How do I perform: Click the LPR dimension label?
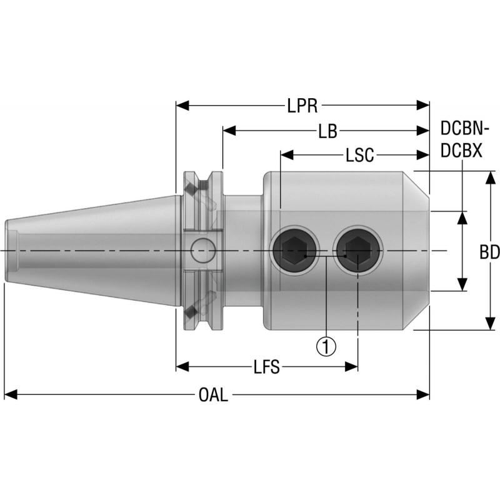click(x=302, y=106)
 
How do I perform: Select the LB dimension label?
click(x=327, y=131)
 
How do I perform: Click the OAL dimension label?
click(x=213, y=395)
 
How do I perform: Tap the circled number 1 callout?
click(x=326, y=345)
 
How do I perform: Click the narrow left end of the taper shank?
click(x=9, y=251)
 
